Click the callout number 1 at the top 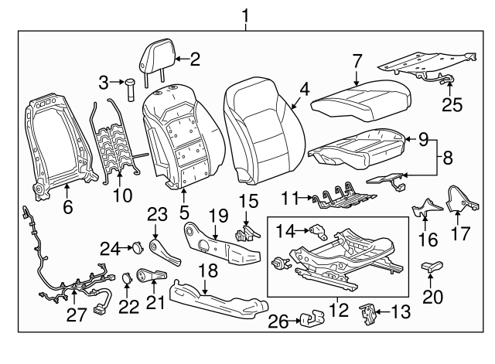pos(246,13)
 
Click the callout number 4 pos(305,90)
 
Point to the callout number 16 pos(424,241)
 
